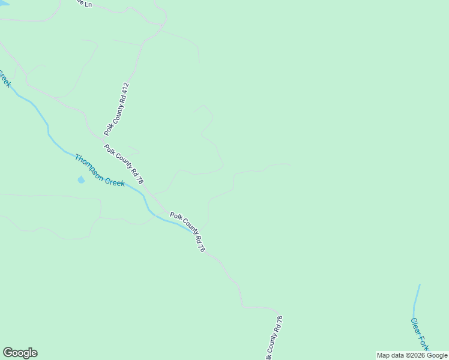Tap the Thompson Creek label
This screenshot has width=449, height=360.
[100, 170]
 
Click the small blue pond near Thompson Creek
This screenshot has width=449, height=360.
[80, 179]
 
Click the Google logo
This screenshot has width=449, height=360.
[20, 353]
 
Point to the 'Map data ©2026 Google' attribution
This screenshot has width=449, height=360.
[412, 356]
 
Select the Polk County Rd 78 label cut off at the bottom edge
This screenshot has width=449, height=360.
[274, 339]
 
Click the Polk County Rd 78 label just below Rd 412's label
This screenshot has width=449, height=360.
[124, 164]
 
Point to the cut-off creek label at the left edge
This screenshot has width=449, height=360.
[5, 78]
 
